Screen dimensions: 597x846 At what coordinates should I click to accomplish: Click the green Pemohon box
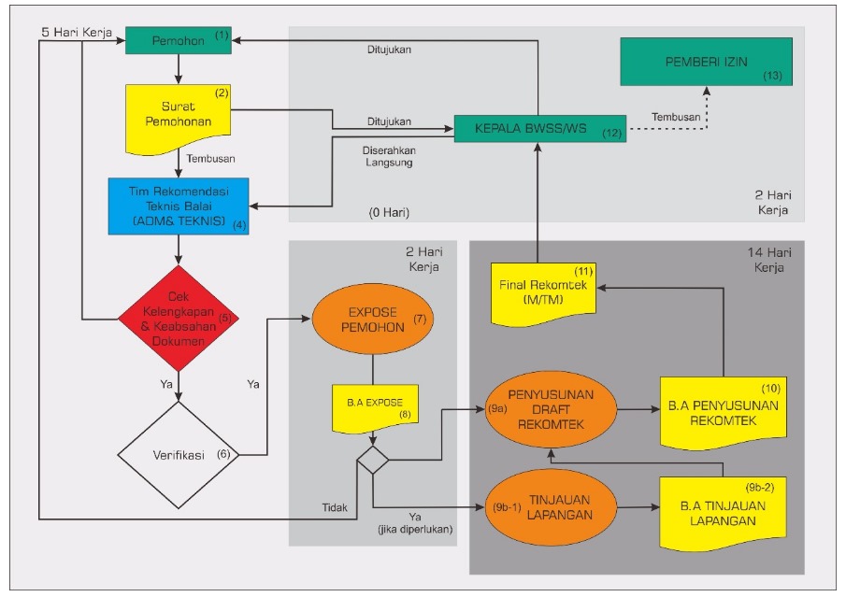click(179, 40)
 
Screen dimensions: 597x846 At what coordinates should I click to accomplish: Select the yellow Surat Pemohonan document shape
click(178, 118)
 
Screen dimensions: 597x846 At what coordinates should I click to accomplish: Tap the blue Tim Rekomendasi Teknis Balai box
click(178, 205)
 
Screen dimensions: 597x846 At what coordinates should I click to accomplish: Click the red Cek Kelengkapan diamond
click(178, 320)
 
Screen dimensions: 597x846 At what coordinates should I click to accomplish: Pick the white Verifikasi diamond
click(178, 455)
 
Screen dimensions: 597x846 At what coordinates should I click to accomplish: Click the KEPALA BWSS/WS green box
click(538, 129)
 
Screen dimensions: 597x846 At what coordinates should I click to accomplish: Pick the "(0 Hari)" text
click(388, 213)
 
